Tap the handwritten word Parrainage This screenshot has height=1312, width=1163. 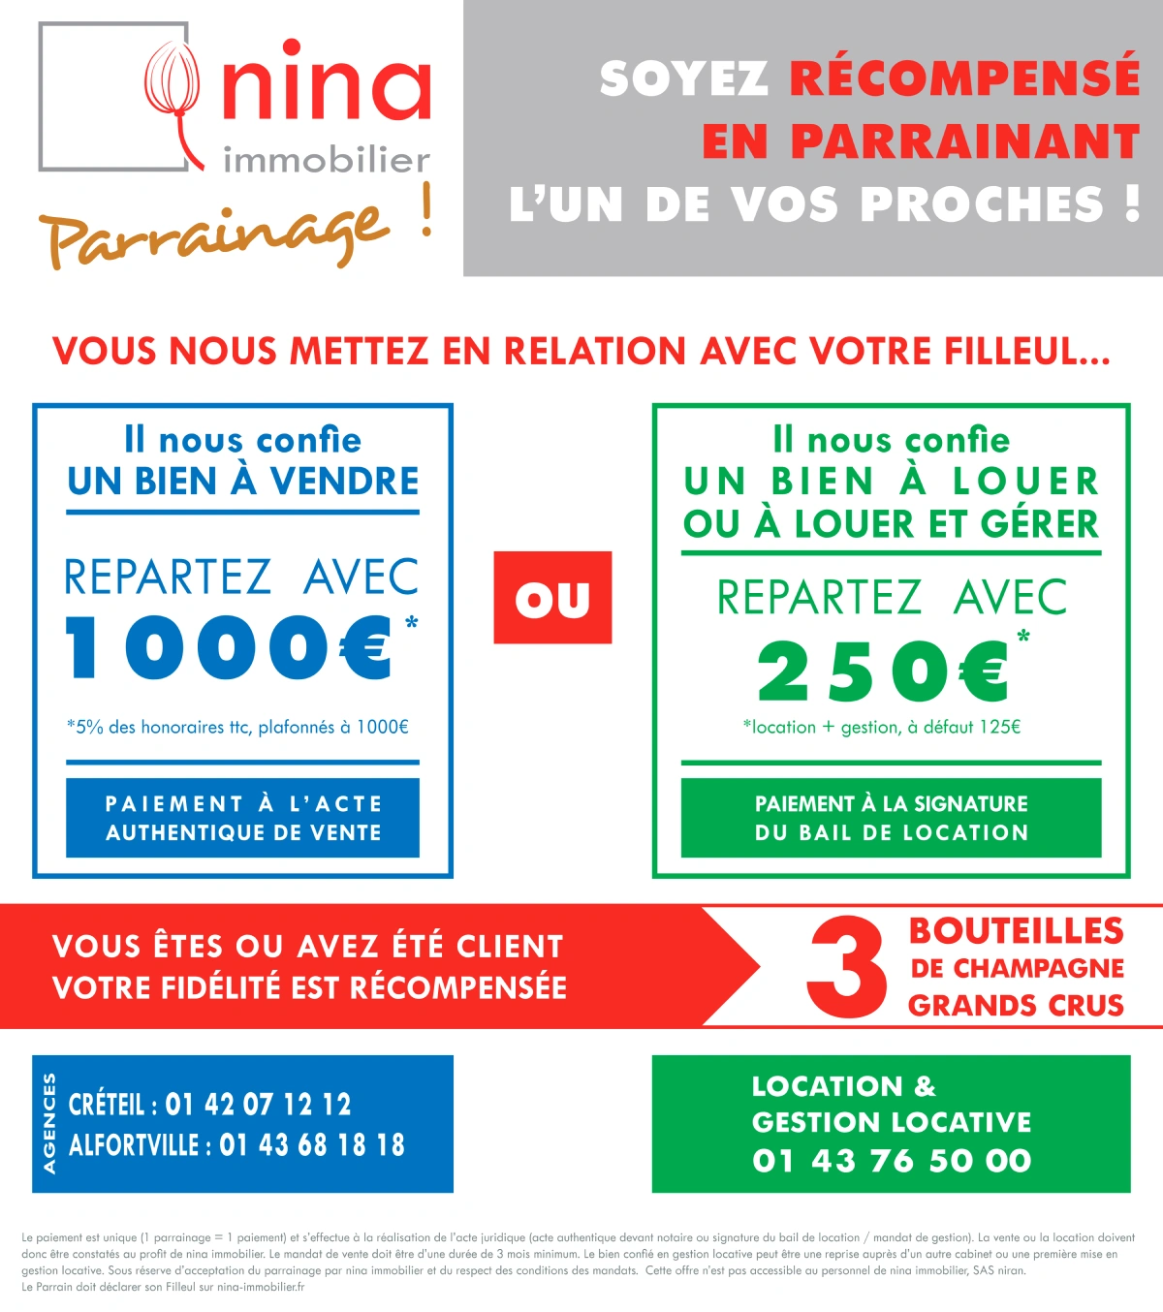click(213, 234)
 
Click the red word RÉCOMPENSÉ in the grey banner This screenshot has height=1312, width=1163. click(964, 78)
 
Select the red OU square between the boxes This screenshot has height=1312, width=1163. click(552, 598)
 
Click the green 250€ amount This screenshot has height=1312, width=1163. click(883, 671)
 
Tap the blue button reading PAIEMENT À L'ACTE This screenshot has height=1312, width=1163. click(242, 818)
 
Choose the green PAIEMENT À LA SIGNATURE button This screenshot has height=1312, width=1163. click(891, 818)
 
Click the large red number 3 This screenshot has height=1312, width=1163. click(846, 968)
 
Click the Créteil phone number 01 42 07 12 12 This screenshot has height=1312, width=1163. click(258, 1105)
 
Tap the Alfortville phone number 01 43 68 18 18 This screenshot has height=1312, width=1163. click(312, 1145)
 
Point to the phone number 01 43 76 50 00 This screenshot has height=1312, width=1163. click(892, 1160)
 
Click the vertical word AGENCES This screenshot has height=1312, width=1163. click(49, 1124)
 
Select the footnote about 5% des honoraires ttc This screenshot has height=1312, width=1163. click(237, 727)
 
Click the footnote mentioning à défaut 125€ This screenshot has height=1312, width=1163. click(882, 727)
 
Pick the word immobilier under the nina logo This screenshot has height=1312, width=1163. click(327, 161)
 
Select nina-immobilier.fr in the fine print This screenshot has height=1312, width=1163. click(261, 1287)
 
